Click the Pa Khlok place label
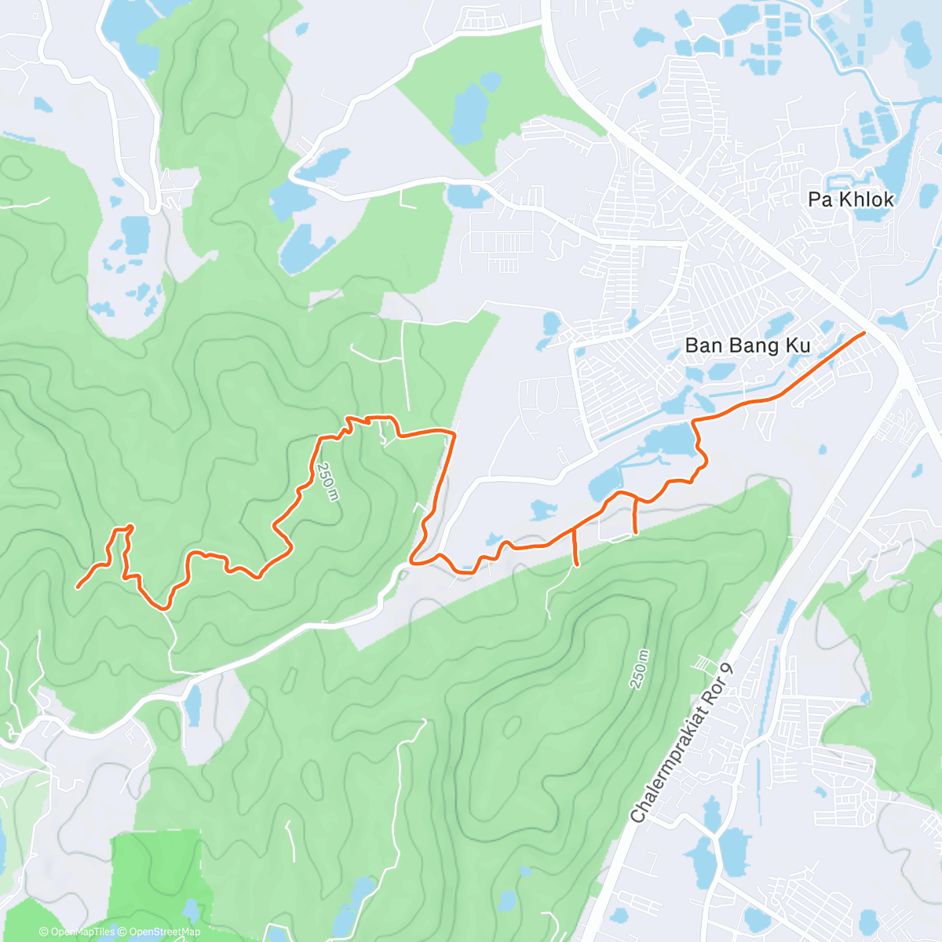851,199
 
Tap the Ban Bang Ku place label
747,345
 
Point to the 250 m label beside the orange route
327,480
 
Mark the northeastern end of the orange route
863,334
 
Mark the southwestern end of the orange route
78,586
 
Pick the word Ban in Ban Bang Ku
703,345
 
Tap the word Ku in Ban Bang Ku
799,345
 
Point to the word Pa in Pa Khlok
820,199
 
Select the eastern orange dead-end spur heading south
634,518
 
